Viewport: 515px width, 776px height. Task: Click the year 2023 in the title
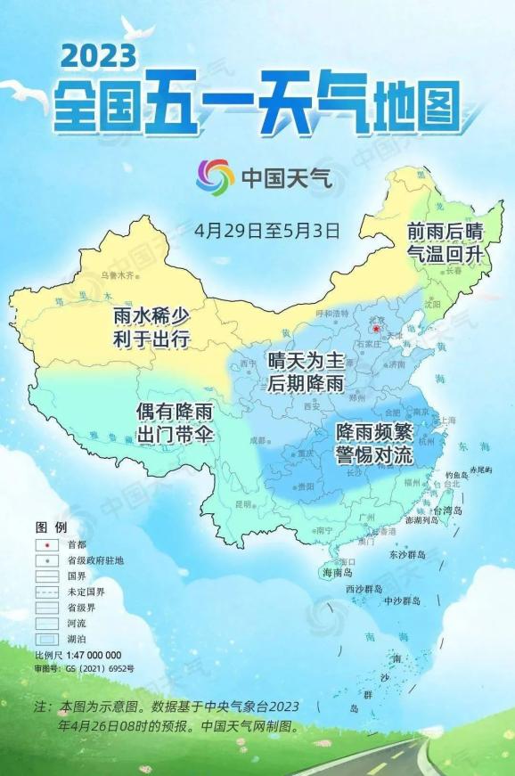click(99, 56)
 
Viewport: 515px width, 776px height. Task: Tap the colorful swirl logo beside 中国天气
click(216, 176)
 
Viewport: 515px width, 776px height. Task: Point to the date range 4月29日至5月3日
click(267, 230)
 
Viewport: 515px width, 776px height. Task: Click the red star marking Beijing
click(376, 329)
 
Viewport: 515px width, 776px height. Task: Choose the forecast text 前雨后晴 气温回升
click(443, 241)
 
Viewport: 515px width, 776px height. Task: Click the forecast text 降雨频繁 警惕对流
click(374, 442)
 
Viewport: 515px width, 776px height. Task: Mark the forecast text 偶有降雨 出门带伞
click(172, 423)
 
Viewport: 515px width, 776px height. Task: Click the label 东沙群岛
click(407, 554)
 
